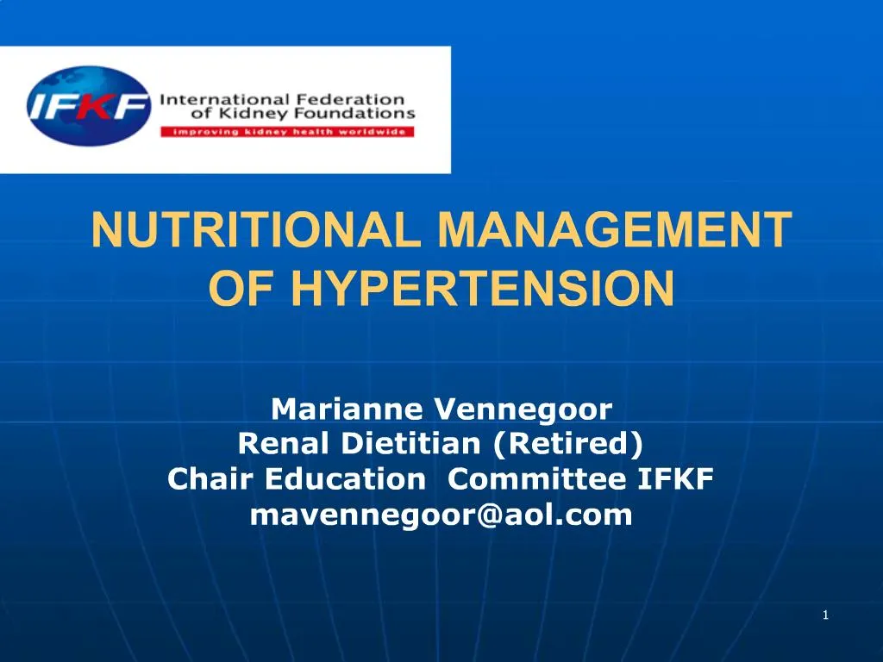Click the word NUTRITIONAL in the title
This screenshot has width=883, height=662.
coord(258,230)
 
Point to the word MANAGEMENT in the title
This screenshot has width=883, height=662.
coord(614,230)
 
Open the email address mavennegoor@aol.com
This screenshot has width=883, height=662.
coord(441,515)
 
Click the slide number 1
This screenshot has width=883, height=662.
coord(825,615)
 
